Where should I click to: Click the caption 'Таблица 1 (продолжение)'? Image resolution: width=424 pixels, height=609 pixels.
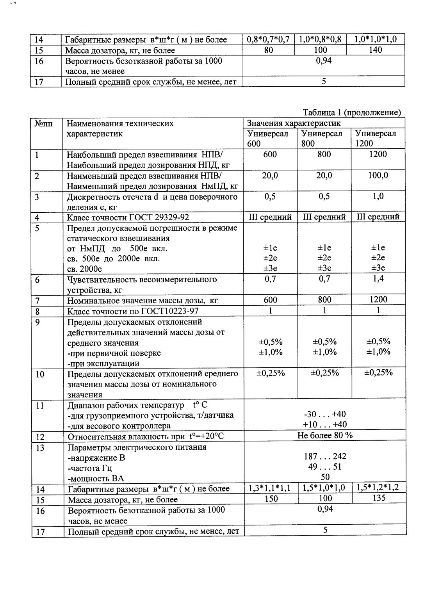pos(352,113)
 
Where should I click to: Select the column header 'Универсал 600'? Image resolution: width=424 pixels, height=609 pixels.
pos(268,138)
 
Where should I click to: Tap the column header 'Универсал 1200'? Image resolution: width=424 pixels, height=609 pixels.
pos(376,138)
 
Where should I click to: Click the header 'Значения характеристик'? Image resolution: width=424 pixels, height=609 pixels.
pos(294,123)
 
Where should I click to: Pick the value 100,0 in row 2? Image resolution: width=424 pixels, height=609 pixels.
pos(378,175)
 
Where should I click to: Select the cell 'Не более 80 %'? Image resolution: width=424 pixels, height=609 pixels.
pos(325,435)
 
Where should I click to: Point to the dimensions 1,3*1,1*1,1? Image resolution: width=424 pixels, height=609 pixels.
pos(270,488)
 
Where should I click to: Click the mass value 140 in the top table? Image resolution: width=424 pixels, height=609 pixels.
pos(375,50)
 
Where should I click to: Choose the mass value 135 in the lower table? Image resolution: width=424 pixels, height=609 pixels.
pos(378,498)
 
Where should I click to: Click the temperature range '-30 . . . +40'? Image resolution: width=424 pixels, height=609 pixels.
pos(325,414)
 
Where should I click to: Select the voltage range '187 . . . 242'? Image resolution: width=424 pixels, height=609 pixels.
pos(325,456)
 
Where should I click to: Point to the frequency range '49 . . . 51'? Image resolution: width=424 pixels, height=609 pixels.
pos(325,467)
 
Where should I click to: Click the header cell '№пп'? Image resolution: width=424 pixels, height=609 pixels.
pos(44,124)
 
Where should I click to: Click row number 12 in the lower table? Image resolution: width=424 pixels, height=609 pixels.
pos(40,437)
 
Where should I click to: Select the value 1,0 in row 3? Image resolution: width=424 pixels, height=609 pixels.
pos(378,196)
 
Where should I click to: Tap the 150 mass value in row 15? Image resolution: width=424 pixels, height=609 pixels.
pos(270,499)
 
